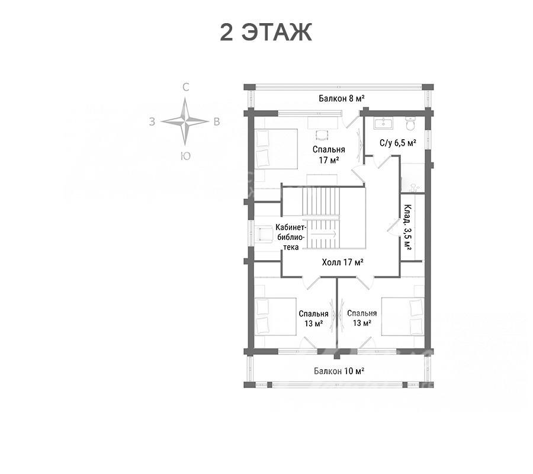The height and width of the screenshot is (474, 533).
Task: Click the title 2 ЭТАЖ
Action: point(266,33)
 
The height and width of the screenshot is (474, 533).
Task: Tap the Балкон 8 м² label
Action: point(342,98)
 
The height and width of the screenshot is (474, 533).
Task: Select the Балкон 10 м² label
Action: point(339,371)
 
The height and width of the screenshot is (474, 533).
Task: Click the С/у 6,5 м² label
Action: point(398,143)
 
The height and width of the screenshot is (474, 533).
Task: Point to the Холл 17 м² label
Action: point(343,262)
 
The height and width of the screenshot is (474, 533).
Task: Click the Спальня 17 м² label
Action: point(329,155)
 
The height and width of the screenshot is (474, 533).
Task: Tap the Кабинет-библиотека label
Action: point(291,237)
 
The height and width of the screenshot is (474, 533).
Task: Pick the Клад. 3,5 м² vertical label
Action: point(407,227)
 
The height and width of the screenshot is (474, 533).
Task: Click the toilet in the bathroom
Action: point(410,124)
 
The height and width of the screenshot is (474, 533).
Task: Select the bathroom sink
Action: point(383,123)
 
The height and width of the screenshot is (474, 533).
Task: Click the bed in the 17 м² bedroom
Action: point(276,149)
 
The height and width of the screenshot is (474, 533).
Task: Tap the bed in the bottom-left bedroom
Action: point(275,316)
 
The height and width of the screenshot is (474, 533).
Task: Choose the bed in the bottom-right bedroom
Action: point(403,316)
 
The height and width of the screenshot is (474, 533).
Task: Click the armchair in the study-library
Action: point(265,235)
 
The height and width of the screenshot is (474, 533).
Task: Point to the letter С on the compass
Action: point(185,87)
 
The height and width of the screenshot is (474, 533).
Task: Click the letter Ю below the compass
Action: point(185,156)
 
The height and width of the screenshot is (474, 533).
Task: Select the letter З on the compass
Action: point(152,121)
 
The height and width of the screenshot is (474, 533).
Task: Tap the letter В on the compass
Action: point(217,121)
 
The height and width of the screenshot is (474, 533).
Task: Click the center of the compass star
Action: point(185,121)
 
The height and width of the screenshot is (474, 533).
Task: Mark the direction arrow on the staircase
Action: point(323,233)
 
